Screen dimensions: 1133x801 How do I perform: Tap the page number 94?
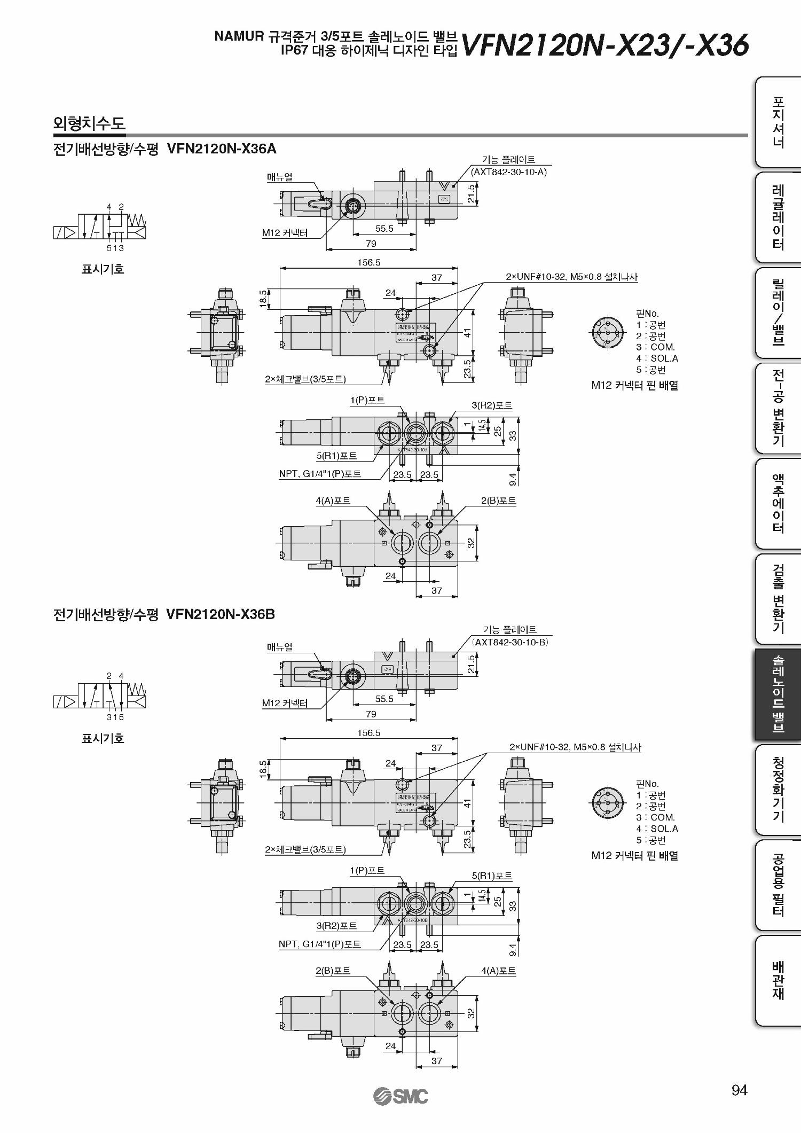(739, 1090)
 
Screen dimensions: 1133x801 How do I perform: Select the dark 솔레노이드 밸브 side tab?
(778, 694)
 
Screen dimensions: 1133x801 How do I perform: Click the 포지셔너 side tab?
(778, 122)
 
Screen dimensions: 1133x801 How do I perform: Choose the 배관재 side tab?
(778, 980)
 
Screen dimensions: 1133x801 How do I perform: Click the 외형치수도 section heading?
(89, 124)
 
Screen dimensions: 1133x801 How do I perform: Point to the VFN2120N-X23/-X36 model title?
(604, 45)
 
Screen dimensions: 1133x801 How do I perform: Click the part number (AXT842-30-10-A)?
(508, 172)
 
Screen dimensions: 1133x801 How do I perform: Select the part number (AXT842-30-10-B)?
(510, 642)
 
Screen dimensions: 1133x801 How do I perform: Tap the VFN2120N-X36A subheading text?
(222, 149)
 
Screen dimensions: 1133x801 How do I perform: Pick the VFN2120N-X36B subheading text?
(221, 614)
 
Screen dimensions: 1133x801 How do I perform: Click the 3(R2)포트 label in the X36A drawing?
(492, 405)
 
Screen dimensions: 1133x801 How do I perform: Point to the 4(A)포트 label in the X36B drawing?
(498, 971)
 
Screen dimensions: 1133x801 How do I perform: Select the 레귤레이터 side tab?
(778, 217)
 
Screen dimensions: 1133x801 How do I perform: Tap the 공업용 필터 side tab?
(778, 885)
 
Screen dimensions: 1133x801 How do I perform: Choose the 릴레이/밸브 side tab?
(778, 312)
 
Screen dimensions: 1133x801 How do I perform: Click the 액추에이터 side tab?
(778, 504)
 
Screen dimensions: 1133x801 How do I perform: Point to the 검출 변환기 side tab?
(778, 599)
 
